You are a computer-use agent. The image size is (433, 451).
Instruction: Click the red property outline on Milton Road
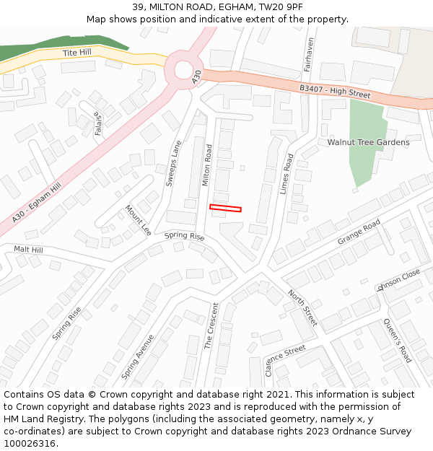pyautogui.click(x=225, y=209)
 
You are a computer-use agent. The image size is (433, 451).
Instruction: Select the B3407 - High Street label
pyautogui.click(x=335, y=91)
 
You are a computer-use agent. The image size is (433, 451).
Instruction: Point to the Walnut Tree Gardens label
pyautogui.click(x=368, y=142)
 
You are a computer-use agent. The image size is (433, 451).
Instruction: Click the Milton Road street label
pyautogui.click(x=207, y=165)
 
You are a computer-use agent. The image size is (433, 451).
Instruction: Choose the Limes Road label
pyautogui.click(x=287, y=172)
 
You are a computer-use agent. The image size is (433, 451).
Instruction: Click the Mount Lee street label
pyautogui.click(x=139, y=220)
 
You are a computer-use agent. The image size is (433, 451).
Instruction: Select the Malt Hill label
pyautogui.click(x=29, y=250)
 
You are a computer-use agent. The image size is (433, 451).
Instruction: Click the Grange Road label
pyautogui.click(x=359, y=232)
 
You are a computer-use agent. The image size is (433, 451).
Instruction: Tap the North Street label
pyautogui.click(x=302, y=307)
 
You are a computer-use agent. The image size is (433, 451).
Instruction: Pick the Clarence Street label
pyautogui.click(x=285, y=360)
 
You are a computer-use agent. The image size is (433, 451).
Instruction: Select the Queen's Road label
pyautogui.click(x=397, y=340)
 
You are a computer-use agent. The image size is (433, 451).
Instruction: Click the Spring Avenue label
pyautogui.click(x=138, y=356)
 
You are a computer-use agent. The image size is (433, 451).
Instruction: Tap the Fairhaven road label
pyautogui.click(x=308, y=54)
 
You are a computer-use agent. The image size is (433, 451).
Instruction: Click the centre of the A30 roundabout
pyautogui.click(x=180, y=70)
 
